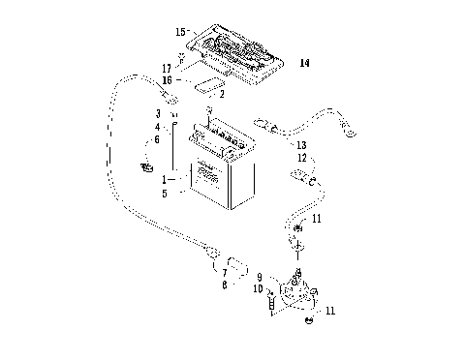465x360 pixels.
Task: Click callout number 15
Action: click(181, 32)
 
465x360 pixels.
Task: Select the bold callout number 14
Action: click(304, 64)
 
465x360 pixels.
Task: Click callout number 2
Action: click(222, 94)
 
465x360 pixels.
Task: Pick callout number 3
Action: click(158, 114)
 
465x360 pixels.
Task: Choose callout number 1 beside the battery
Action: click(166, 180)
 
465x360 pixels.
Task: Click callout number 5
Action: click(166, 193)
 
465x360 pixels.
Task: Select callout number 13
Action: click(302, 144)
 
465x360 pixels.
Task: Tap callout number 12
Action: click(302, 157)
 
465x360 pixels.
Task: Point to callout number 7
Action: click(225, 273)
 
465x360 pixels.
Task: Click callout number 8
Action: click(225, 286)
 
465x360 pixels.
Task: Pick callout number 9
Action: click(260, 278)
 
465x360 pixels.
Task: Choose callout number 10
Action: click(259, 288)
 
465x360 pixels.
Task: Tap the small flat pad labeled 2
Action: click(205, 88)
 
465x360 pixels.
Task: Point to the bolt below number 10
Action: click(270, 306)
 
